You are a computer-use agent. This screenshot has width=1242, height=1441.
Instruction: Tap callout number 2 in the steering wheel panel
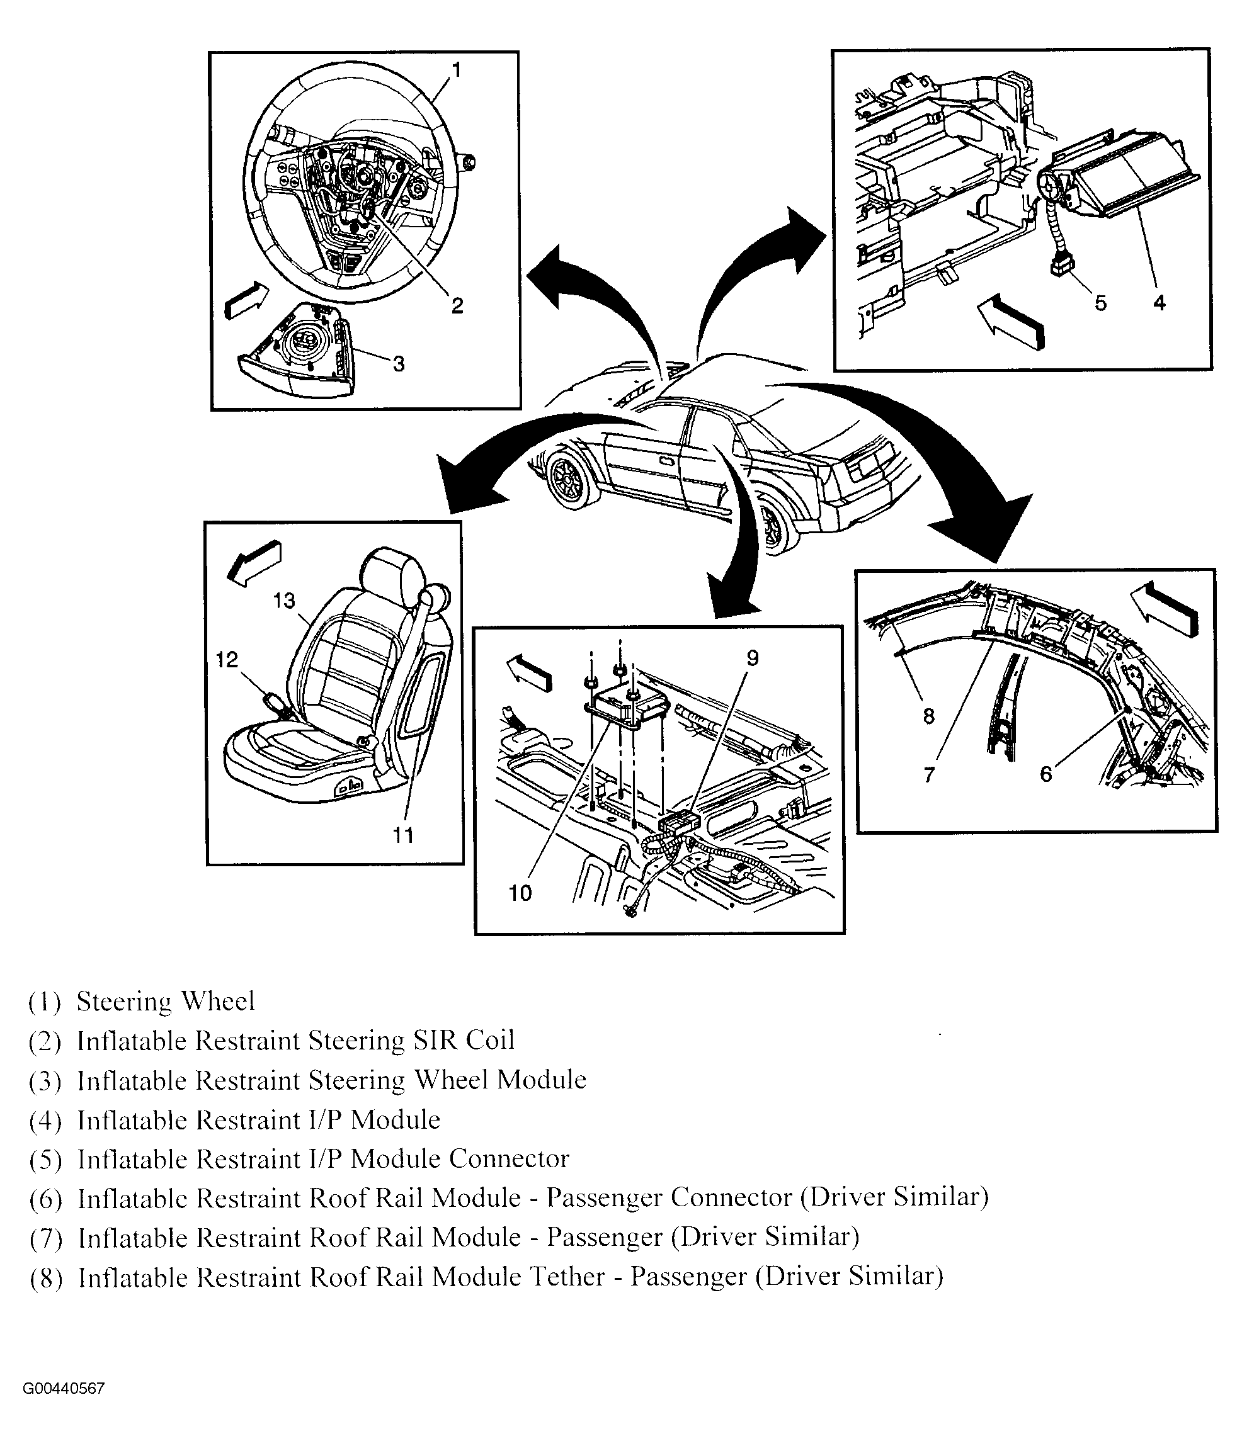[457, 305]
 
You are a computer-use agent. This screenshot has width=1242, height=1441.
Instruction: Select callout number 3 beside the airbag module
[399, 364]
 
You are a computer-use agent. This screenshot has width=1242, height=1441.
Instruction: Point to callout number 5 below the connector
[1100, 303]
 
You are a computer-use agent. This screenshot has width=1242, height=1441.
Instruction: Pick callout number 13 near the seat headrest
[285, 600]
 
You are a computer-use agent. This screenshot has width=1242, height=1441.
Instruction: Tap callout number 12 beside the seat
[227, 659]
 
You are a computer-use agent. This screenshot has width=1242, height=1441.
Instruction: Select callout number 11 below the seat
[404, 835]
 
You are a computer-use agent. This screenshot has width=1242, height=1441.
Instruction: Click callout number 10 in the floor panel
[520, 893]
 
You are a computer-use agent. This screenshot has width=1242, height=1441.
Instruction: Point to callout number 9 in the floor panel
[753, 658]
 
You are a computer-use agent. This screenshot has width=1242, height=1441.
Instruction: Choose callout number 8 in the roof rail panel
[929, 716]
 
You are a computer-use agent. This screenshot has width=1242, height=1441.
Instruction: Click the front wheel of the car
[572, 482]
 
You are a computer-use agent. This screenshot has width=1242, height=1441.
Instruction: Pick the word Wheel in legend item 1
[218, 1002]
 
